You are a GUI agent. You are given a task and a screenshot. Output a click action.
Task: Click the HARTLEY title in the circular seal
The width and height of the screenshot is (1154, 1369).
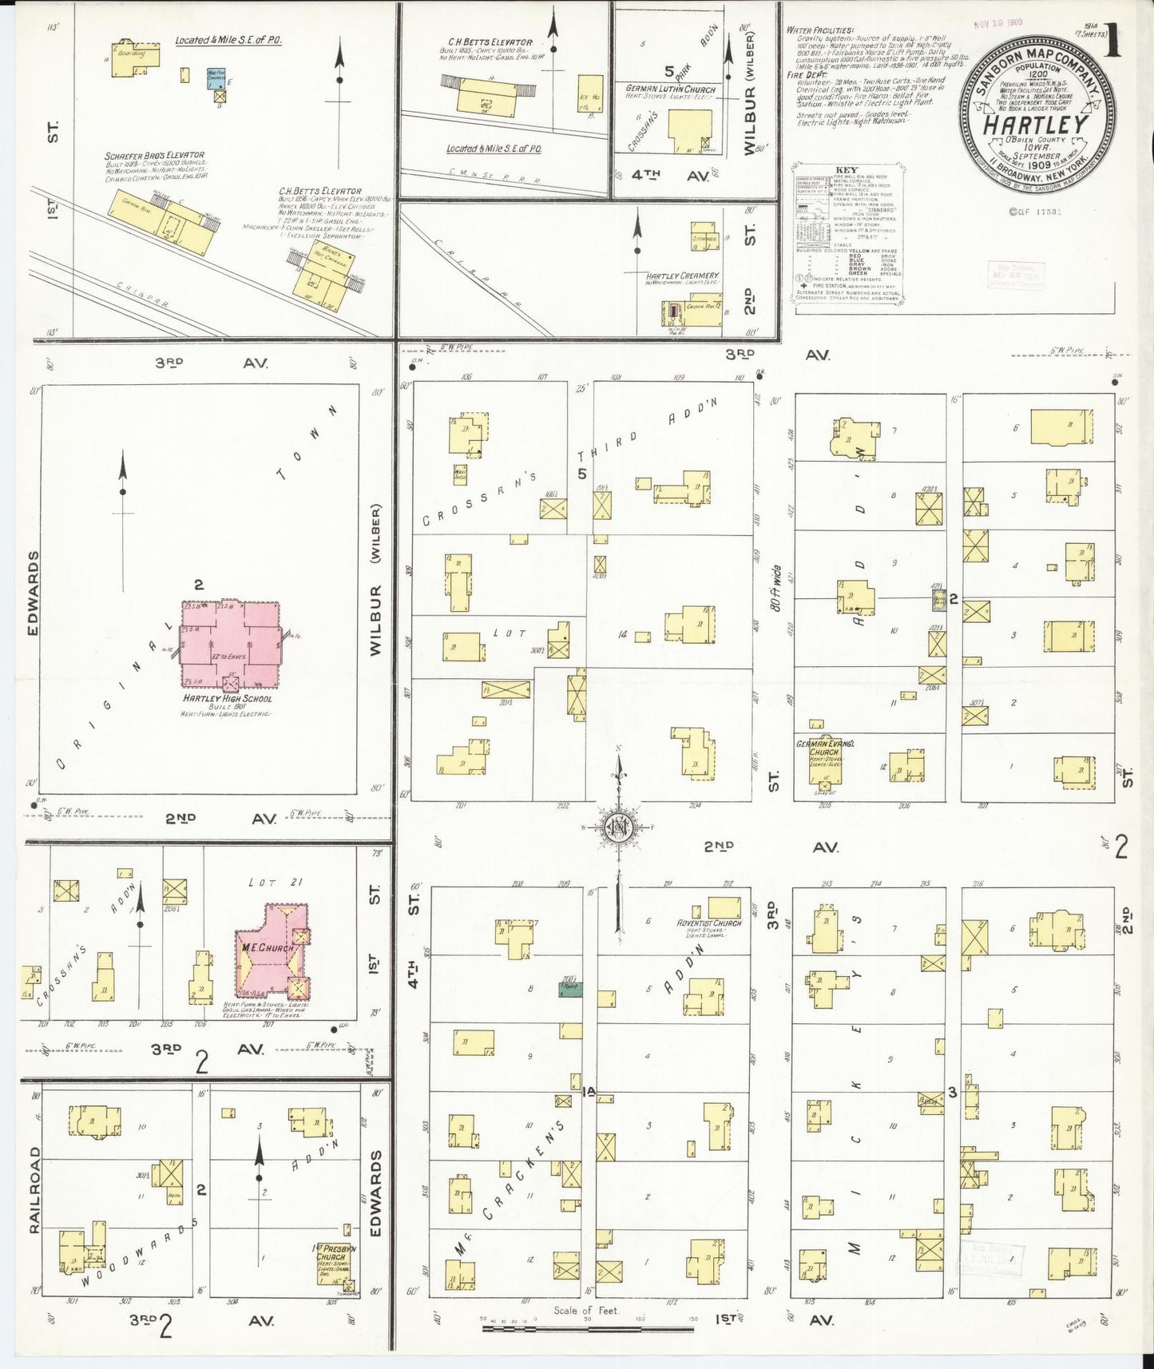coord(1035,125)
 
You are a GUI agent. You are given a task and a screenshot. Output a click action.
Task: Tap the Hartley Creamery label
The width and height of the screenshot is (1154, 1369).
coord(683,276)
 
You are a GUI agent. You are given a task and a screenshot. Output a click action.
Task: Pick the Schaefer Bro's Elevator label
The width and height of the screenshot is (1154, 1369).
coord(154,155)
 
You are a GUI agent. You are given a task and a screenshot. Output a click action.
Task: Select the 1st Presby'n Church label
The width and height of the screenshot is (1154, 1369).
coord(334,1252)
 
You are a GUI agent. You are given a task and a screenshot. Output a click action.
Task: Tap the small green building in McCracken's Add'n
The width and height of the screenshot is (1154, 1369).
coord(569,988)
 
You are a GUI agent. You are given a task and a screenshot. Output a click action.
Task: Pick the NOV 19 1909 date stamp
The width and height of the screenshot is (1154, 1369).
coord(1000,23)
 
